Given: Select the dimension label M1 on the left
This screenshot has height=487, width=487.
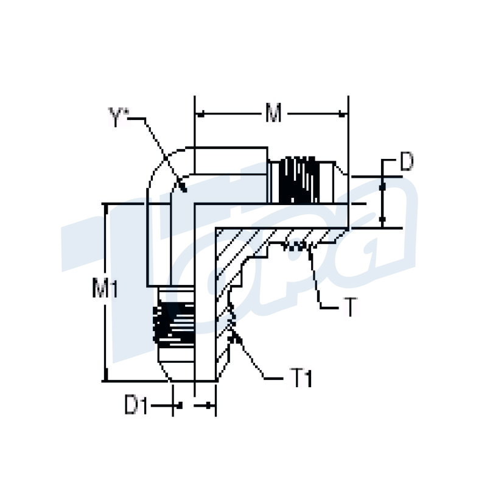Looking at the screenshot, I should click(x=105, y=289).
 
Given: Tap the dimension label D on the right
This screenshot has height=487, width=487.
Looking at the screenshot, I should click(x=406, y=162).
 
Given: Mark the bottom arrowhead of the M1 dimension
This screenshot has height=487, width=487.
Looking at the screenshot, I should click(x=108, y=377).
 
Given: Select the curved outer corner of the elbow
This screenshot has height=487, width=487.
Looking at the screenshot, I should click(x=157, y=167).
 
